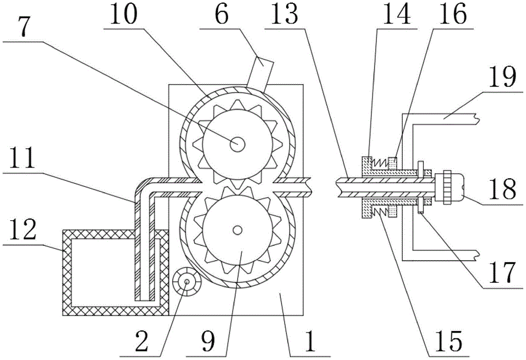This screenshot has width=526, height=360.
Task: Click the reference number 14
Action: click(x=394, y=16)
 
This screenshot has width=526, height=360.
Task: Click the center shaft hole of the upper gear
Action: click(x=237, y=143)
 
